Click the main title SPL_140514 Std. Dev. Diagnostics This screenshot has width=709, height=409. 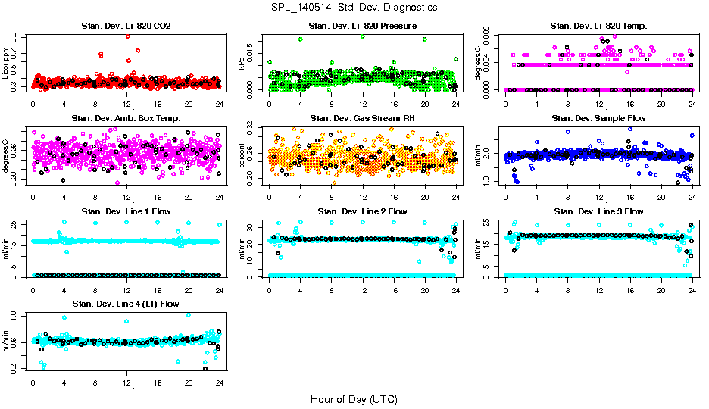click(x=354, y=8)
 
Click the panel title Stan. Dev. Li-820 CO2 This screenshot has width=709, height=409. click(x=126, y=27)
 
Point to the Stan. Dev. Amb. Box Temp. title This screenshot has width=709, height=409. click(x=126, y=118)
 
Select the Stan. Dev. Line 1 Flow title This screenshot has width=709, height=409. click(x=126, y=211)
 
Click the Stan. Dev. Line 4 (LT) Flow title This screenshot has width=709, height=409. click(x=126, y=304)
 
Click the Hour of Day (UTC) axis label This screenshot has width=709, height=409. click(x=354, y=398)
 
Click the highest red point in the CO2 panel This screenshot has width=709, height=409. click(x=127, y=36)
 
